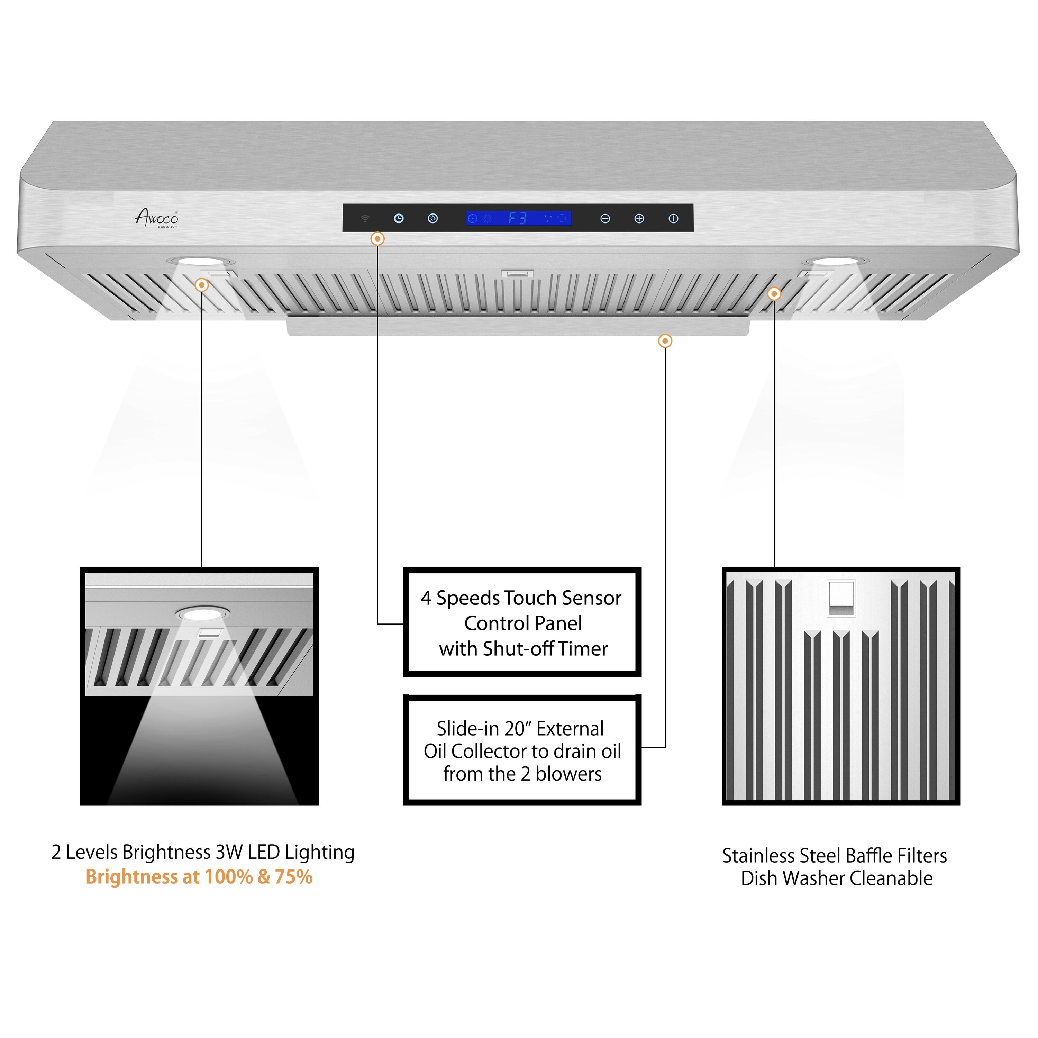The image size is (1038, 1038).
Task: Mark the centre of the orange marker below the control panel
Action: click(378, 238)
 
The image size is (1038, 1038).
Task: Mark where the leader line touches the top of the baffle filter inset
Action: click(774, 567)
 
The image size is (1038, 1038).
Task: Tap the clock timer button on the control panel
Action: click(399, 218)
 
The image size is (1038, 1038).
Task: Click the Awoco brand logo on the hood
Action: click(156, 218)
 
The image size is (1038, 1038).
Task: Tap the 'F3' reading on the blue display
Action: click(517, 218)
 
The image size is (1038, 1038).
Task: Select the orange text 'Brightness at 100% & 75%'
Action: click(199, 876)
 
